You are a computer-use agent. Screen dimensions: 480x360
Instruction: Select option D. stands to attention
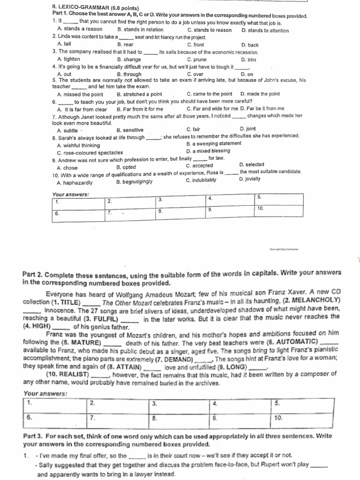click(265, 30)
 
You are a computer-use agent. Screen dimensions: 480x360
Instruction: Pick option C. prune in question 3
click(196, 60)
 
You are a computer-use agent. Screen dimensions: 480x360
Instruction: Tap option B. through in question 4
click(129, 74)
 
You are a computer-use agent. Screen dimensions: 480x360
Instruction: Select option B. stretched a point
click(139, 94)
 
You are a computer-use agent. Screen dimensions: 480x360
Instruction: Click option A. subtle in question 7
click(67, 130)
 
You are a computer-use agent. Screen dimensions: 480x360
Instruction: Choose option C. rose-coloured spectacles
click(90, 152)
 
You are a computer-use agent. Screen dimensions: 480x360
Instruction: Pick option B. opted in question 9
click(126, 167)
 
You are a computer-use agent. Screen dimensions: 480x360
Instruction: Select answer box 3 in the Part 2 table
click(180, 404)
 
